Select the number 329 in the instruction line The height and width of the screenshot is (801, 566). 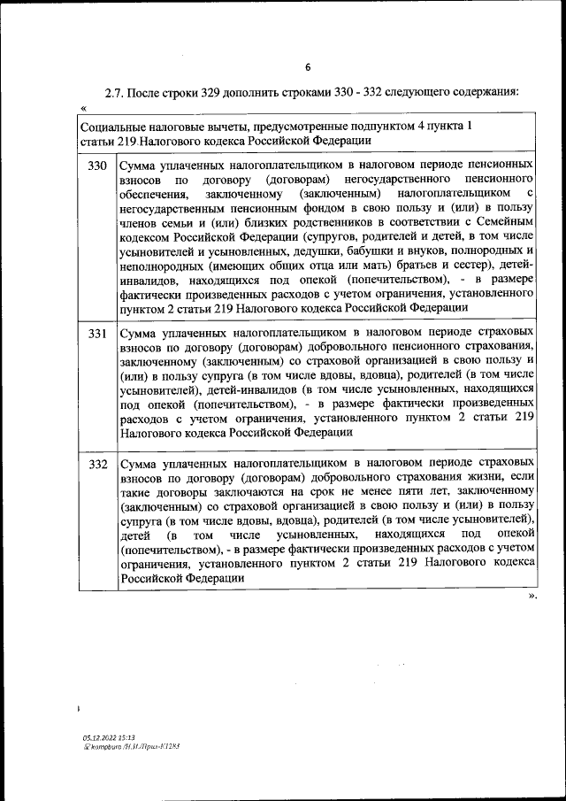coord(226,91)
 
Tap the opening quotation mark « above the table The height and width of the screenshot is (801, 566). coord(83,107)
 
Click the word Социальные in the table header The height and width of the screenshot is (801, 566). coord(114,127)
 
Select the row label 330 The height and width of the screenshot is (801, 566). coord(97,166)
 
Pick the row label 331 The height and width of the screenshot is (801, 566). coord(97,334)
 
